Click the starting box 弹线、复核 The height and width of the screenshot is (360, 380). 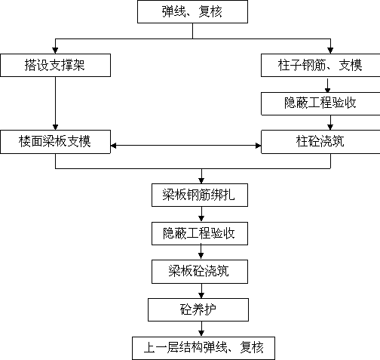pos(192,12)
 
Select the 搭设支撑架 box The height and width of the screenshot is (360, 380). pos(55,65)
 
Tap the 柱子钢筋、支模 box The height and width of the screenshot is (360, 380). pos(320,65)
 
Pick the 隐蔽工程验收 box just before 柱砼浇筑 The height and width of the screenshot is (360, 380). pos(320,103)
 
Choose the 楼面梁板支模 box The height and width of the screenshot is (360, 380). pos(55,142)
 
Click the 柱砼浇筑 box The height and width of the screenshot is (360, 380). pos(320,142)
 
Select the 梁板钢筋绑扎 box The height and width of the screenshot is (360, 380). pos(200,195)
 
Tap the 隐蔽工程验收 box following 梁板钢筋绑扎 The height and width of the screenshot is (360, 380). pos(200,233)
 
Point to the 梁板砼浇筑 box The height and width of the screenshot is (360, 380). pos(200,272)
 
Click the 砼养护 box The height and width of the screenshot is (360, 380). pos(198,309)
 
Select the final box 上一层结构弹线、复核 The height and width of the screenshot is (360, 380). pos(204,348)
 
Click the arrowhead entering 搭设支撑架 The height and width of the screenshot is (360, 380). pos(55,51)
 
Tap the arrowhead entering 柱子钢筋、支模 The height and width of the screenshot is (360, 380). pos(330,51)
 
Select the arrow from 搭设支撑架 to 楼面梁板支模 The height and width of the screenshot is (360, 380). pos(55,103)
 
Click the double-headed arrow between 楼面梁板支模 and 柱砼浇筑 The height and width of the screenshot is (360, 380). pos(186,146)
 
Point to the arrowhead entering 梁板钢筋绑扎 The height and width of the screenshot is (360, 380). pos(201,180)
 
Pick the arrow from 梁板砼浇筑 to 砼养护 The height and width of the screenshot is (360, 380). pos(201,291)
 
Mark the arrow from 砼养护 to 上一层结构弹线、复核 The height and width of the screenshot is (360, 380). pos(201,329)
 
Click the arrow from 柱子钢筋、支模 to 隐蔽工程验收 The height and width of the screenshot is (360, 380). pos(327,85)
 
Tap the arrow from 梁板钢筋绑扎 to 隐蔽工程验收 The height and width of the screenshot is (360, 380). pos(201,214)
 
